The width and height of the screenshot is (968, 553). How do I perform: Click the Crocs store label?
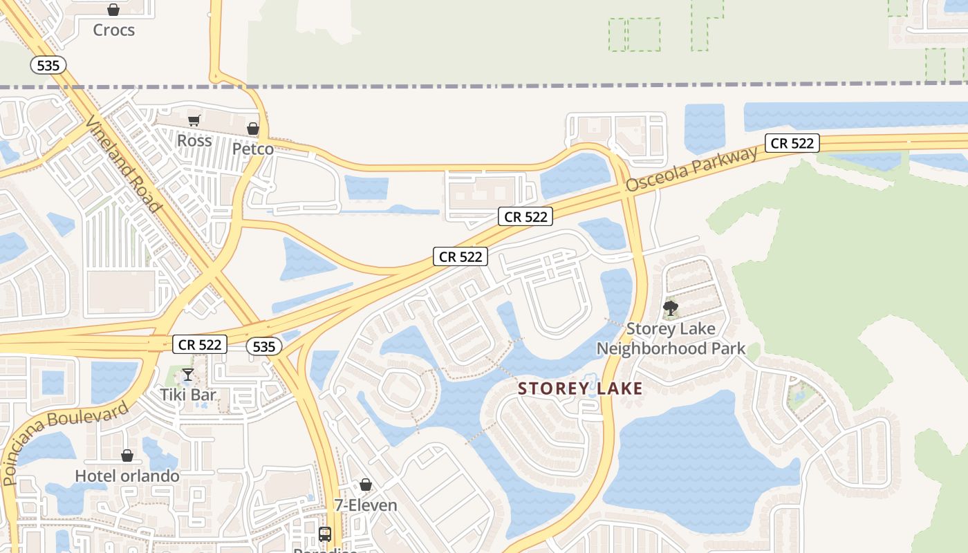(x=113, y=30)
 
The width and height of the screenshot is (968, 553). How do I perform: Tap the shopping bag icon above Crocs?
(x=113, y=10)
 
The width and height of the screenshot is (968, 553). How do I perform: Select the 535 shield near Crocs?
(x=48, y=66)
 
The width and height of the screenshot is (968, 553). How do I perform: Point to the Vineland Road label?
(x=124, y=164)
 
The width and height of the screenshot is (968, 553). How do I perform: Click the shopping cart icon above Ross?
(x=194, y=121)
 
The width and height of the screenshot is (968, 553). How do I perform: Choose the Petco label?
(x=252, y=149)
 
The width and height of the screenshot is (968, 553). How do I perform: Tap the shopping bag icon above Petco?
(x=253, y=129)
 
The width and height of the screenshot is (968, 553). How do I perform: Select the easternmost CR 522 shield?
(x=792, y=143)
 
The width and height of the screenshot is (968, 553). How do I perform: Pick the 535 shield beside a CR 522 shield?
(x=264, y=347)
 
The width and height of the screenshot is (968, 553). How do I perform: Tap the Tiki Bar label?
(x=188, y=395)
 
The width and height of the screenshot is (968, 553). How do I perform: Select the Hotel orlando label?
(x=127, y=476)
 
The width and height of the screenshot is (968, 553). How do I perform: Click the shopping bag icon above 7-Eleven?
(x=366, y=485)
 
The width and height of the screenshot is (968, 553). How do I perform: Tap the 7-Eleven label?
(x=366, y=505)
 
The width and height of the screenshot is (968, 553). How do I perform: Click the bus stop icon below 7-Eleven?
(x=325, y=534)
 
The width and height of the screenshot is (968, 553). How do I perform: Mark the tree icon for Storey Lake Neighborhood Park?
(x=670, y=308)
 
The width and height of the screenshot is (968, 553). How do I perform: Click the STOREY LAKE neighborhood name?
(x=581, y=388)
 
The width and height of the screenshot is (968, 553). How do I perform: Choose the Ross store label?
(x=194, y=140)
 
